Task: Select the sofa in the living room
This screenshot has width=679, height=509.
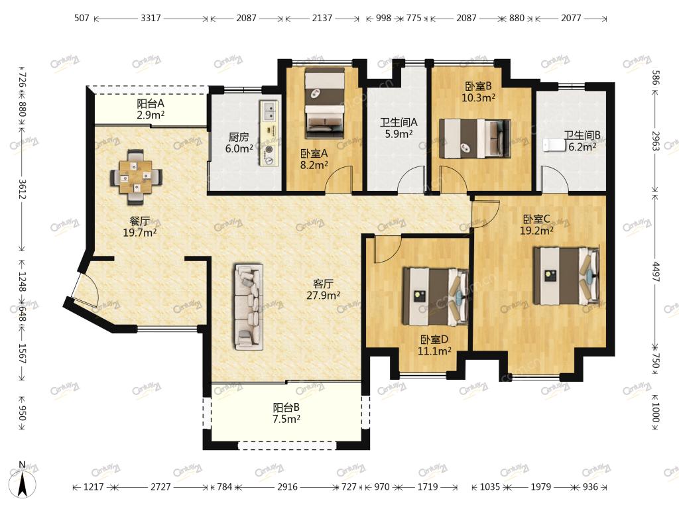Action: [x=249, y=306]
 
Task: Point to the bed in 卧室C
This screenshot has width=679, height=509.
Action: [x=566, y=276]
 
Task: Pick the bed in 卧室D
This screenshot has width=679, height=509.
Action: [x=436, y=296]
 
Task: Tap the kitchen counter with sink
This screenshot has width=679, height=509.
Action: [x=269, y=133]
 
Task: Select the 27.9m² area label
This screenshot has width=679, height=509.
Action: [x=323, y=296]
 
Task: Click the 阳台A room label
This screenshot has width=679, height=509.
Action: [x=151, y=104]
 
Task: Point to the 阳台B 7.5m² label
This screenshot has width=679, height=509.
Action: [x=286, y=414]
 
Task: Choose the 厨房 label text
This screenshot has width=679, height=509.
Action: [x=239, y=137]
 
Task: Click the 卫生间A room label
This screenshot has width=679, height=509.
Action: [x=399, y=123]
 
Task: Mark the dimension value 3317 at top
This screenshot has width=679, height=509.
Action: [x=151, y=18]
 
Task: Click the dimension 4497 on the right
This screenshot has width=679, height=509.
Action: [x=656, y=272]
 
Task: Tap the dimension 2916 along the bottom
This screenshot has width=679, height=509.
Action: [x=288, y=487]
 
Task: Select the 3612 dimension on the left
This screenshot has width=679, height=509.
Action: [x=23, y=190]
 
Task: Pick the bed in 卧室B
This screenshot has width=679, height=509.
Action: [x=475, y=139]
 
